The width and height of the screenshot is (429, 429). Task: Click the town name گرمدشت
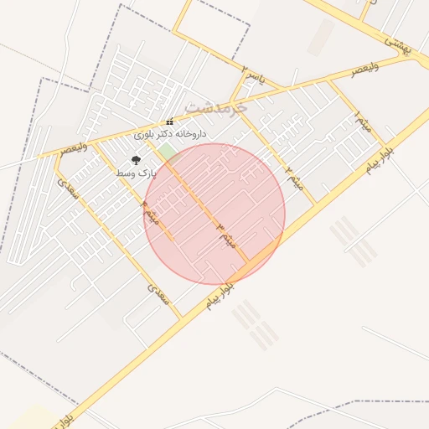(x=215, y=107)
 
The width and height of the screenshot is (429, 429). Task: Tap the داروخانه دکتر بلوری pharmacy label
(x=170, y=133)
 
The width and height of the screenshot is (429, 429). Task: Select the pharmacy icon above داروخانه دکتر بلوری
(x=170, y=121)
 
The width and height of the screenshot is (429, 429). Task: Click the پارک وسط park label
(x=137, y=173)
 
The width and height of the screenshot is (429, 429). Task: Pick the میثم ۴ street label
(x=151, y=213)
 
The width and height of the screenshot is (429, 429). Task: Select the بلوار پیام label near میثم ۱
(x=380, y=159)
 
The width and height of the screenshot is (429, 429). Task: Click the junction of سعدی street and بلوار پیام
(x=181, y=319)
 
